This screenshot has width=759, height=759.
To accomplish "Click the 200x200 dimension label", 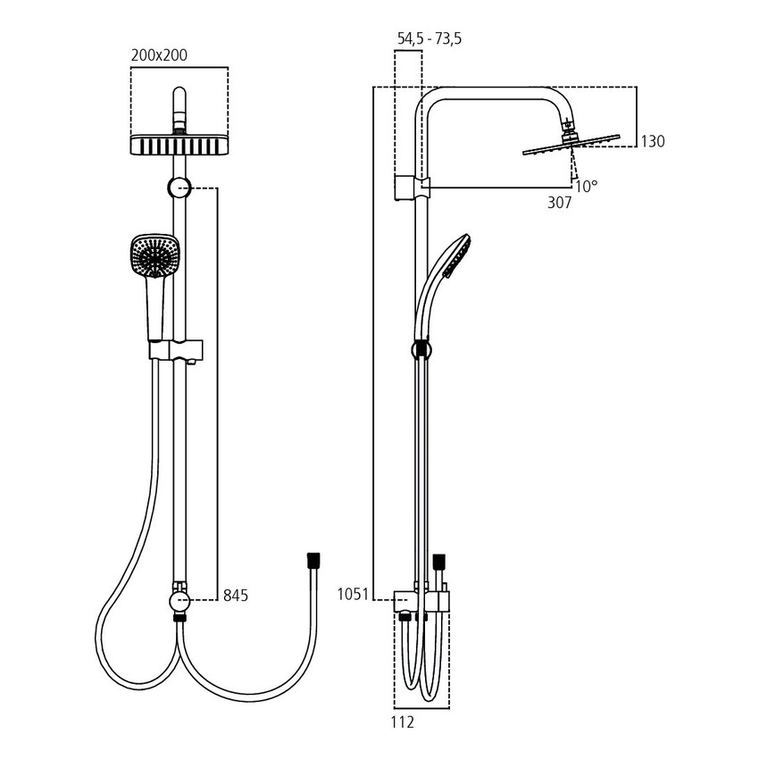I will (x=159, y=55).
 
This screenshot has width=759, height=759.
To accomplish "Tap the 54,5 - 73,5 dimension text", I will (x=429, y=38).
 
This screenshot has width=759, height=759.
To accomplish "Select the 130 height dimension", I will (x=653, y=141).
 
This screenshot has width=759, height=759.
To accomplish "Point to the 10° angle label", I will (x=586, y=186).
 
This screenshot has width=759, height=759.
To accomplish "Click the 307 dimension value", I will (x=559, y=203).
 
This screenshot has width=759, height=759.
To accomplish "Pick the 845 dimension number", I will (x=236, y=595).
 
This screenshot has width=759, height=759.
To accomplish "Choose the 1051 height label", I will (x=353, y=595).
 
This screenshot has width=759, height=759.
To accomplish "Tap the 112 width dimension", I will (x=404, y=721).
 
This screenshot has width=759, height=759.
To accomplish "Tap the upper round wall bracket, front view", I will (x=179, y=188).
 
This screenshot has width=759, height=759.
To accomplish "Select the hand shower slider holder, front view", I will (x=177, y=349).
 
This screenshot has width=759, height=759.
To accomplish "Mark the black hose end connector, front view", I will (x=313, y=560).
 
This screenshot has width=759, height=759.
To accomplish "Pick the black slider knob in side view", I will (x=420, y=349).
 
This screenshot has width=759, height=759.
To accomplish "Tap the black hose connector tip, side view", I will (x=438, y=563).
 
